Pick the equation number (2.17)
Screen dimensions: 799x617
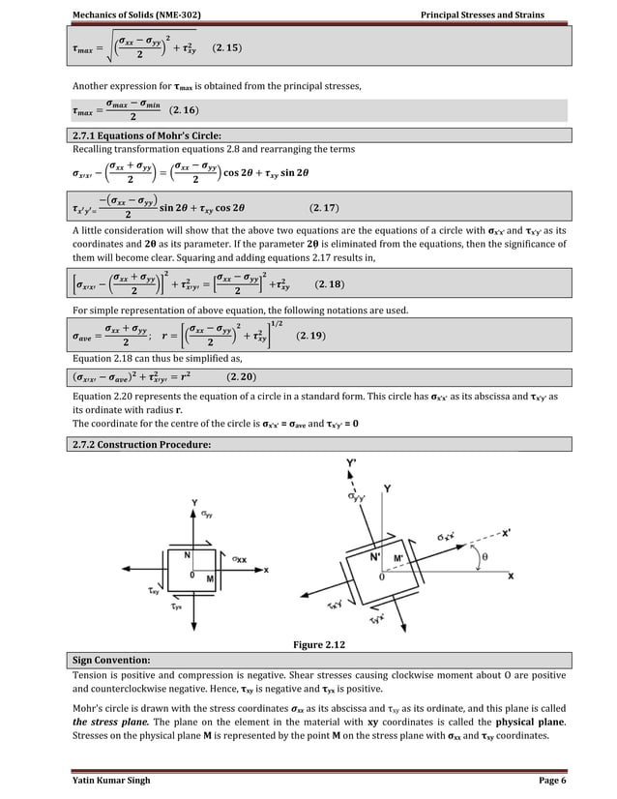(x=323, y=207)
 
